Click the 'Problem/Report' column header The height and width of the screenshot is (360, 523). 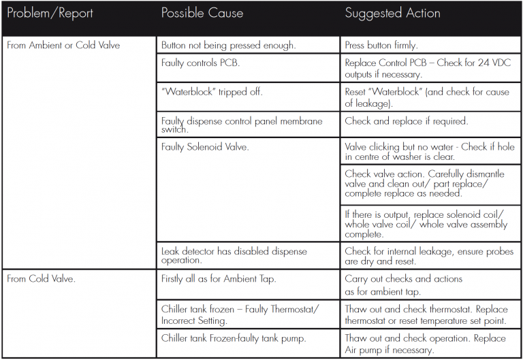pyautogui.click(x=50, y=13)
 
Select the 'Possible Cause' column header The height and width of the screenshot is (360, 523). pyautogui.click(x=202, y=13)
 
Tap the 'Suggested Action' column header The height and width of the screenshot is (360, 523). pyautogui.click(x=392, y=13)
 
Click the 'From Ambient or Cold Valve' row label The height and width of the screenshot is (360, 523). pyautogui.click(x=63, y=46)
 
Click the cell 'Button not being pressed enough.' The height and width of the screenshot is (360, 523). pyautogui.click(x=229, y=46)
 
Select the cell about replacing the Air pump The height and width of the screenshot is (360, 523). pyautogui.click(x=425, y=344)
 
